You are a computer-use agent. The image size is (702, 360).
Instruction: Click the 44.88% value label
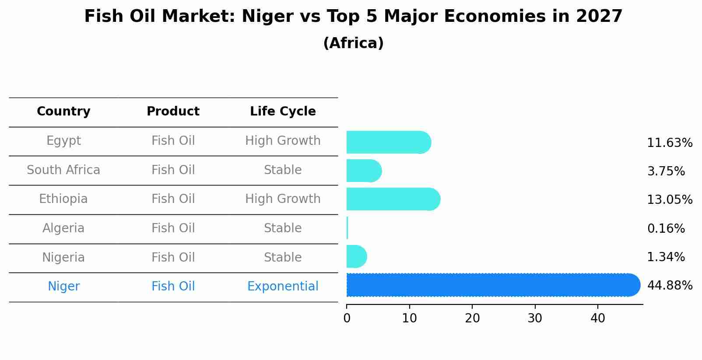(670, 286)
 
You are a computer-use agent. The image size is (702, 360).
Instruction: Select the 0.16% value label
(666, 228)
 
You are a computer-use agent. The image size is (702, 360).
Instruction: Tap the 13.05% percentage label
(670, 200)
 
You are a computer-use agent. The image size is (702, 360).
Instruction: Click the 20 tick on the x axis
(472, 318)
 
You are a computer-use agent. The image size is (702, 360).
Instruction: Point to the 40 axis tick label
(597, 318)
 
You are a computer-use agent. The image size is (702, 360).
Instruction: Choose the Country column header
(63, 112)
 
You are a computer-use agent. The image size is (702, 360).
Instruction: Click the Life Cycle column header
(283, 112)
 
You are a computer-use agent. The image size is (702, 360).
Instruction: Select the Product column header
(173, 112)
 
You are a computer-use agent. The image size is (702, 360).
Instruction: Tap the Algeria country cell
(63, 228)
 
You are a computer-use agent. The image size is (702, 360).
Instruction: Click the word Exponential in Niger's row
(283, 287)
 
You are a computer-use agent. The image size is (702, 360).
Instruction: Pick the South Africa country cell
(63, 170)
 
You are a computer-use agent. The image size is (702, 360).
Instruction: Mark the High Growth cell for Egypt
(283, 141)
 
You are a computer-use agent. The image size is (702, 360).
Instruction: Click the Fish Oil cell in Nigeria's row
(173, 258)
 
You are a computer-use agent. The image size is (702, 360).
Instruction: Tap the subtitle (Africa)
(353, 43)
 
